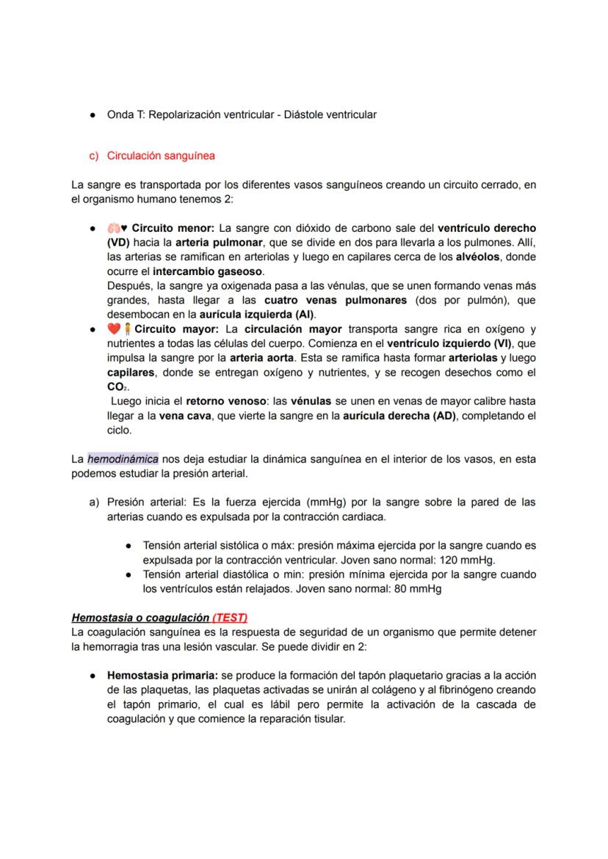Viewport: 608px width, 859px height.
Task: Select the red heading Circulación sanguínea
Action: tap(160, 156)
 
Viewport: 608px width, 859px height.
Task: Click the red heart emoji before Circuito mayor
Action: tap(113, 329)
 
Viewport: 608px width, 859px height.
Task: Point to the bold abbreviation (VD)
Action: tap(119, 242)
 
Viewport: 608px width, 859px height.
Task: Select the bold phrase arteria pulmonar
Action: tap(219, 242)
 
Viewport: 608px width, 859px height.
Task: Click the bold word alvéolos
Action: tap(478, 257)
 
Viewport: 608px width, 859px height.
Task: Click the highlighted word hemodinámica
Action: tap(123, 458)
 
